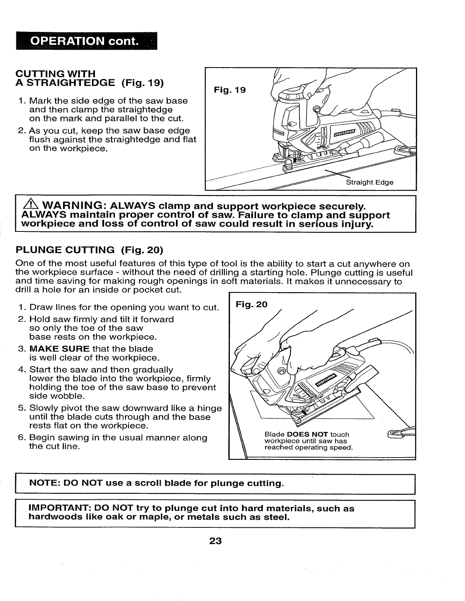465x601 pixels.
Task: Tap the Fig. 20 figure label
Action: pos(251,304)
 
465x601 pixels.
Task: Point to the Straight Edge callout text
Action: pos(369,182)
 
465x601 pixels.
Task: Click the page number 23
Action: pos(215,541)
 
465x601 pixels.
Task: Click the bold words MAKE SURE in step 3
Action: pos(59,349)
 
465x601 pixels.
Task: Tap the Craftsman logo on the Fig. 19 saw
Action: pos(345,131)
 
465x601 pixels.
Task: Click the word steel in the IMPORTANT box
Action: pos(274,517)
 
